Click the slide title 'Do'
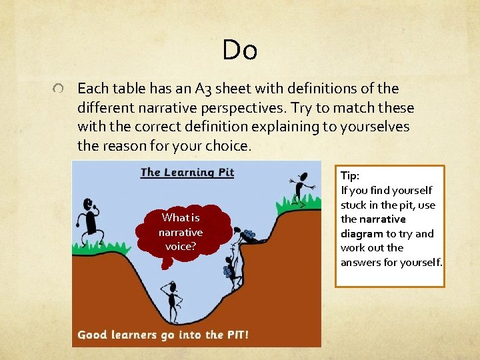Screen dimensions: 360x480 240,49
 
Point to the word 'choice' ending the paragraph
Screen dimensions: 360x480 229,145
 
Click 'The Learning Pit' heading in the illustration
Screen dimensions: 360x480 187,173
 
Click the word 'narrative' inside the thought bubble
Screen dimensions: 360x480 181,233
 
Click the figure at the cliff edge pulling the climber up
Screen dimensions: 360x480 249,236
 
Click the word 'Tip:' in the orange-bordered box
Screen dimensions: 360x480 350,176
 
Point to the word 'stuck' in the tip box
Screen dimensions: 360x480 354,205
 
